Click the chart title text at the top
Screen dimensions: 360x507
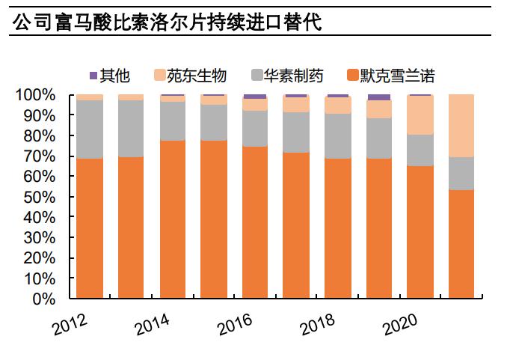coord(167,22)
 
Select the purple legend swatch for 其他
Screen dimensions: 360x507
coord(93,76)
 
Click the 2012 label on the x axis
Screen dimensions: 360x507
coord(70,323)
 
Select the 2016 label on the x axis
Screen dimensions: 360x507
coord(235,323)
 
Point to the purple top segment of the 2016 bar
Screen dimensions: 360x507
coord(255,97)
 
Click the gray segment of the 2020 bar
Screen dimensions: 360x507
coord(420,150)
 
